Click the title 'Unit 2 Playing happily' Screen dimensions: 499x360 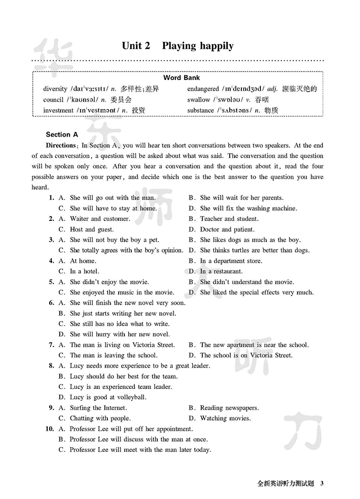tap(177, 46)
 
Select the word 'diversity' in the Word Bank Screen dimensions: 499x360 tap(55, 89)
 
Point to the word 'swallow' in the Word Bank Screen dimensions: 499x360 tap(199, 100)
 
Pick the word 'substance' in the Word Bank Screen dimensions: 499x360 tap(201, 110)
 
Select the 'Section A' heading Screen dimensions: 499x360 tap(62, 135)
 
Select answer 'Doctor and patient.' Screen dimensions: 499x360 tap(227, 229)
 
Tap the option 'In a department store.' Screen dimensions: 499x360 tap(231, 261)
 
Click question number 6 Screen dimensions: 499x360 tap(51, 303)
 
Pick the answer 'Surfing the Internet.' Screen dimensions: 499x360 tap(98, 408)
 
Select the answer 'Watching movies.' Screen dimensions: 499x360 tap(225, 418)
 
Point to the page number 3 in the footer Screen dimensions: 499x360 tap(322, 483)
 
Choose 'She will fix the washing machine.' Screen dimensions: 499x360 tap(248, 208)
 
